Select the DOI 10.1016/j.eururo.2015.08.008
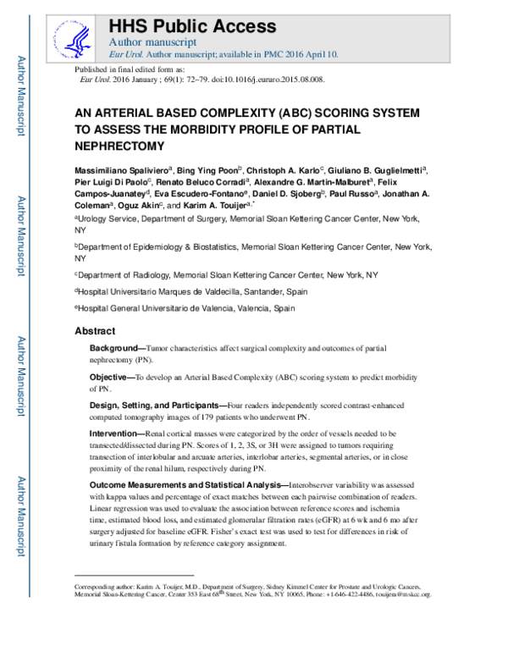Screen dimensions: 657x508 pyautogui.click(x=273, y=80)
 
